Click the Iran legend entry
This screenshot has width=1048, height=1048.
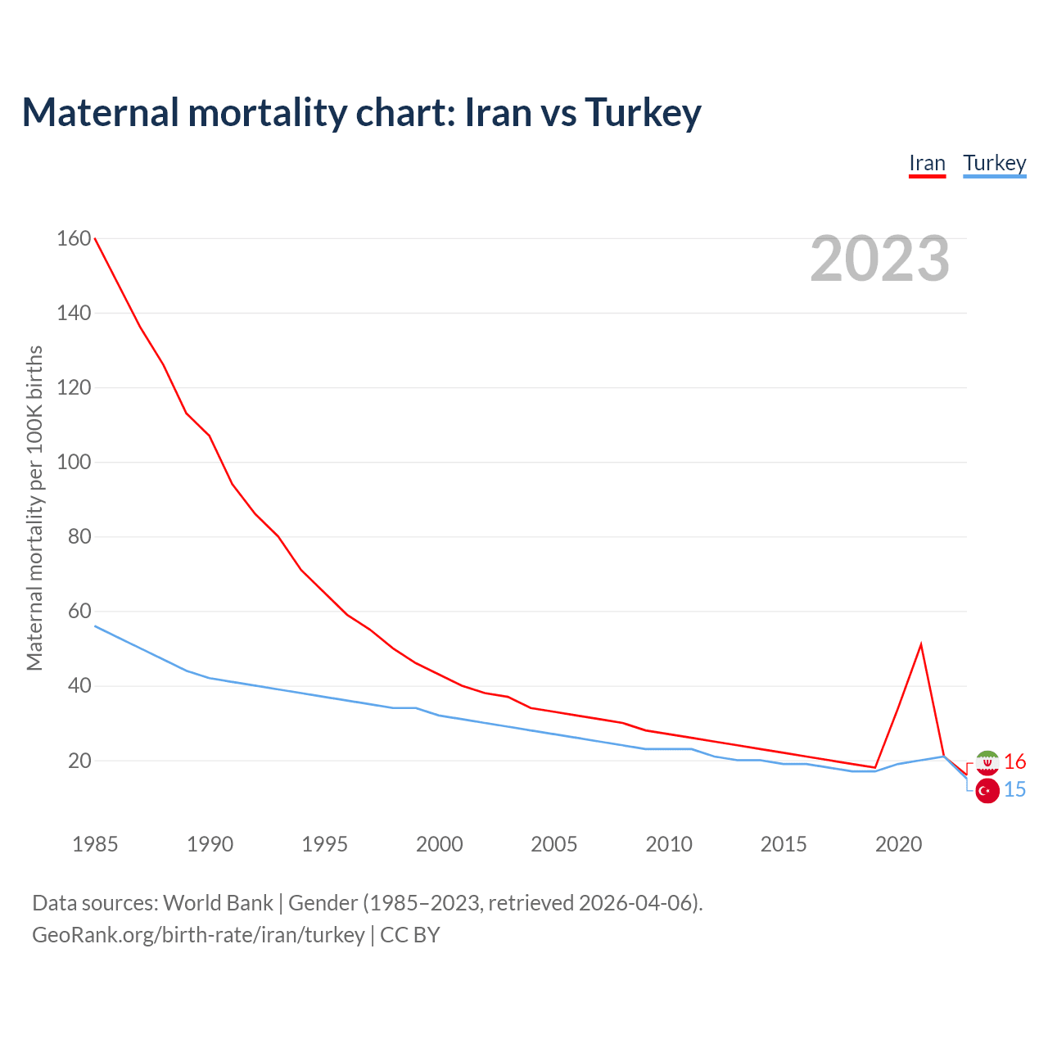click(x=927, y=164)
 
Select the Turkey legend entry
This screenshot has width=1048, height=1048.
click(x=994, y=164)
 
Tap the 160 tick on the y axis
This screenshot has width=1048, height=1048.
click(x=74, y=238)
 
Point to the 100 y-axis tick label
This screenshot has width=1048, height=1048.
click(x=74, y=462)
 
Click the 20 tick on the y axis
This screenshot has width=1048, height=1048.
click(x=79, y=761)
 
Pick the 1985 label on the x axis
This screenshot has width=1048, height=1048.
click(x=95, y=844)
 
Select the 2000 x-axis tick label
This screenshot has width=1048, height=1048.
click(x=440, y=844)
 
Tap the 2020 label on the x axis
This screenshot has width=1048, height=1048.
click(x=898, y=844)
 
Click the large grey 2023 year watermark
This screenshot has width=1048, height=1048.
click(x=879, y=259)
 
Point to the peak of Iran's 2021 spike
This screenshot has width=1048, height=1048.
click(x=921, y=644)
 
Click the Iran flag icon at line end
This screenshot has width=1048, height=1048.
click(x=987, y=762)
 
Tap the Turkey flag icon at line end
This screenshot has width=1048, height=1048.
click(x=987, y=791)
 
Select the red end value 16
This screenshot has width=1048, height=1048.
click(x=1014, y=762)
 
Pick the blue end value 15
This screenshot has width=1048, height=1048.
click(x=1014, y=790)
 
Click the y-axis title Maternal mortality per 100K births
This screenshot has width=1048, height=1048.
click(x=34, y=508)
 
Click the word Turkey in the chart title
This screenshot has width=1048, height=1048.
click(x=643, y=112)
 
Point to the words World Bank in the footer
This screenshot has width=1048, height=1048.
click(x=218, y=903)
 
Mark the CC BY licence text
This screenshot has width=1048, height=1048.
click(x=410, y=935)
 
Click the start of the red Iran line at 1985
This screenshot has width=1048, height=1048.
click(x=96, y=239)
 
